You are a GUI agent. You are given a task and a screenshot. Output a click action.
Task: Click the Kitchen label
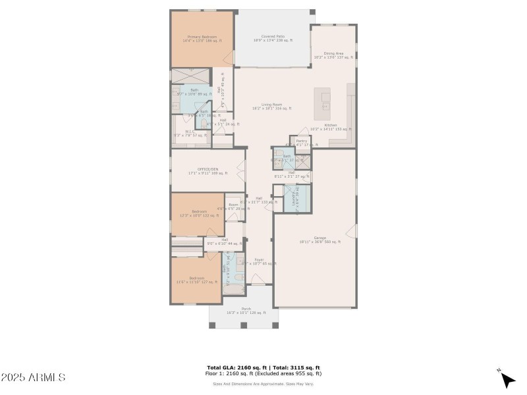tap(330, 126)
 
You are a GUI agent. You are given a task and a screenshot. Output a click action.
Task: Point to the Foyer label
tap(260, 261)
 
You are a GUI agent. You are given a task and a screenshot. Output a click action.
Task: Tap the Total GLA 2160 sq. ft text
tap(236, 367)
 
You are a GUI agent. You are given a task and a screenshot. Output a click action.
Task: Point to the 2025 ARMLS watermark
tap(33, 378)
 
